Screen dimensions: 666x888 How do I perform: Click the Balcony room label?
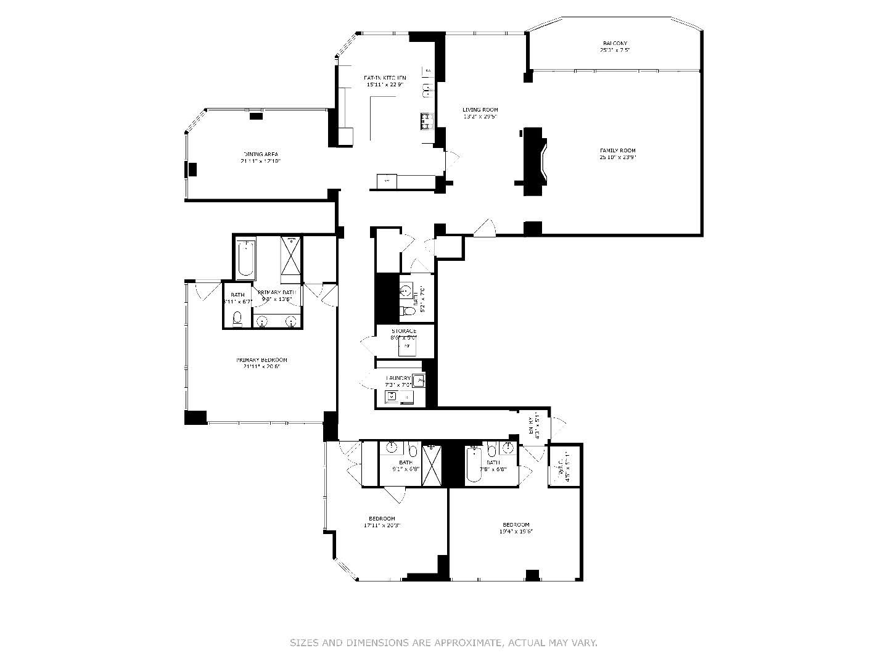click(x=615, y=43)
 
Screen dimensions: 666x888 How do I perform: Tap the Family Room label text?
click(x=617, y=150)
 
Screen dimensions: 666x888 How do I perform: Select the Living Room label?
click(x=480, y=110)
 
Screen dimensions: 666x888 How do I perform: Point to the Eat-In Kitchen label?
click(x=385, y=78)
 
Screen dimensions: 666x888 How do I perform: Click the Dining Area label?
click(x=260, y=154)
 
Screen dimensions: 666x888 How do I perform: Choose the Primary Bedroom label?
click(x=261, y=360)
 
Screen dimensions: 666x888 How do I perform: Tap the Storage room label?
click(x=404, y=331)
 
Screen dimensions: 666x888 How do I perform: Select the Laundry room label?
click(x=398, y=378)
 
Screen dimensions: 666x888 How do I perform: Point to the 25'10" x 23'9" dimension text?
click(x=617, y=157)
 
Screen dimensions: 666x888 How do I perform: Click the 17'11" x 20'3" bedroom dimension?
click(x=382, y=525)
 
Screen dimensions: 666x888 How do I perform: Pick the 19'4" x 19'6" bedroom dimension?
click(x=516, y=531)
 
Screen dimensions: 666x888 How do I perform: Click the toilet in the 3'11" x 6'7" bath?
click(x=237, y=319)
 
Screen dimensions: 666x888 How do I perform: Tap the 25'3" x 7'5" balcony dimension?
click(x=615, y=50)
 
